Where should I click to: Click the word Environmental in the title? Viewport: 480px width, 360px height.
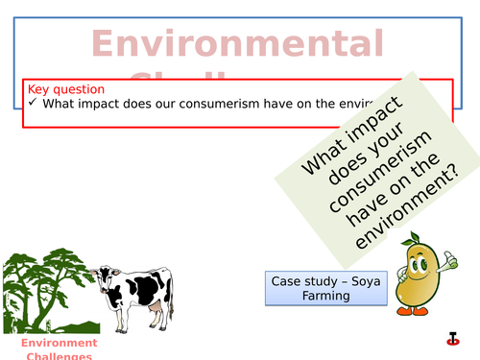tap(237, 45)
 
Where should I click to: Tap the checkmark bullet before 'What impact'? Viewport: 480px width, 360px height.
tap(33, 104)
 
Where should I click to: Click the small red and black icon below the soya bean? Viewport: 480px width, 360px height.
tap(452, 338)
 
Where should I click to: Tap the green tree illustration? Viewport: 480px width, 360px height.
tap(43, 288)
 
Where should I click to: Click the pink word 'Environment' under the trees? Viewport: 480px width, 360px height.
tap(60, 343)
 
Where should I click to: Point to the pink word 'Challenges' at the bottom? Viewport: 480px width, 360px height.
tap(60, 356)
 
